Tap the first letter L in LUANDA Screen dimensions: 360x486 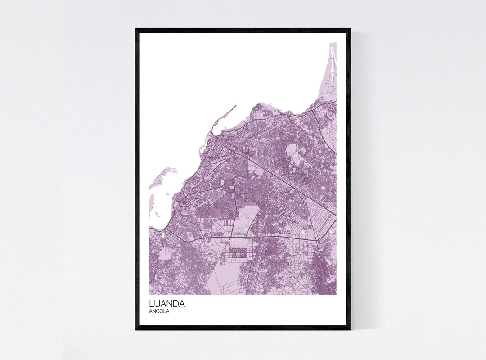152,304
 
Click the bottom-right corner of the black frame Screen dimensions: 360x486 350,329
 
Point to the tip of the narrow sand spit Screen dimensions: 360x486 235,106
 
